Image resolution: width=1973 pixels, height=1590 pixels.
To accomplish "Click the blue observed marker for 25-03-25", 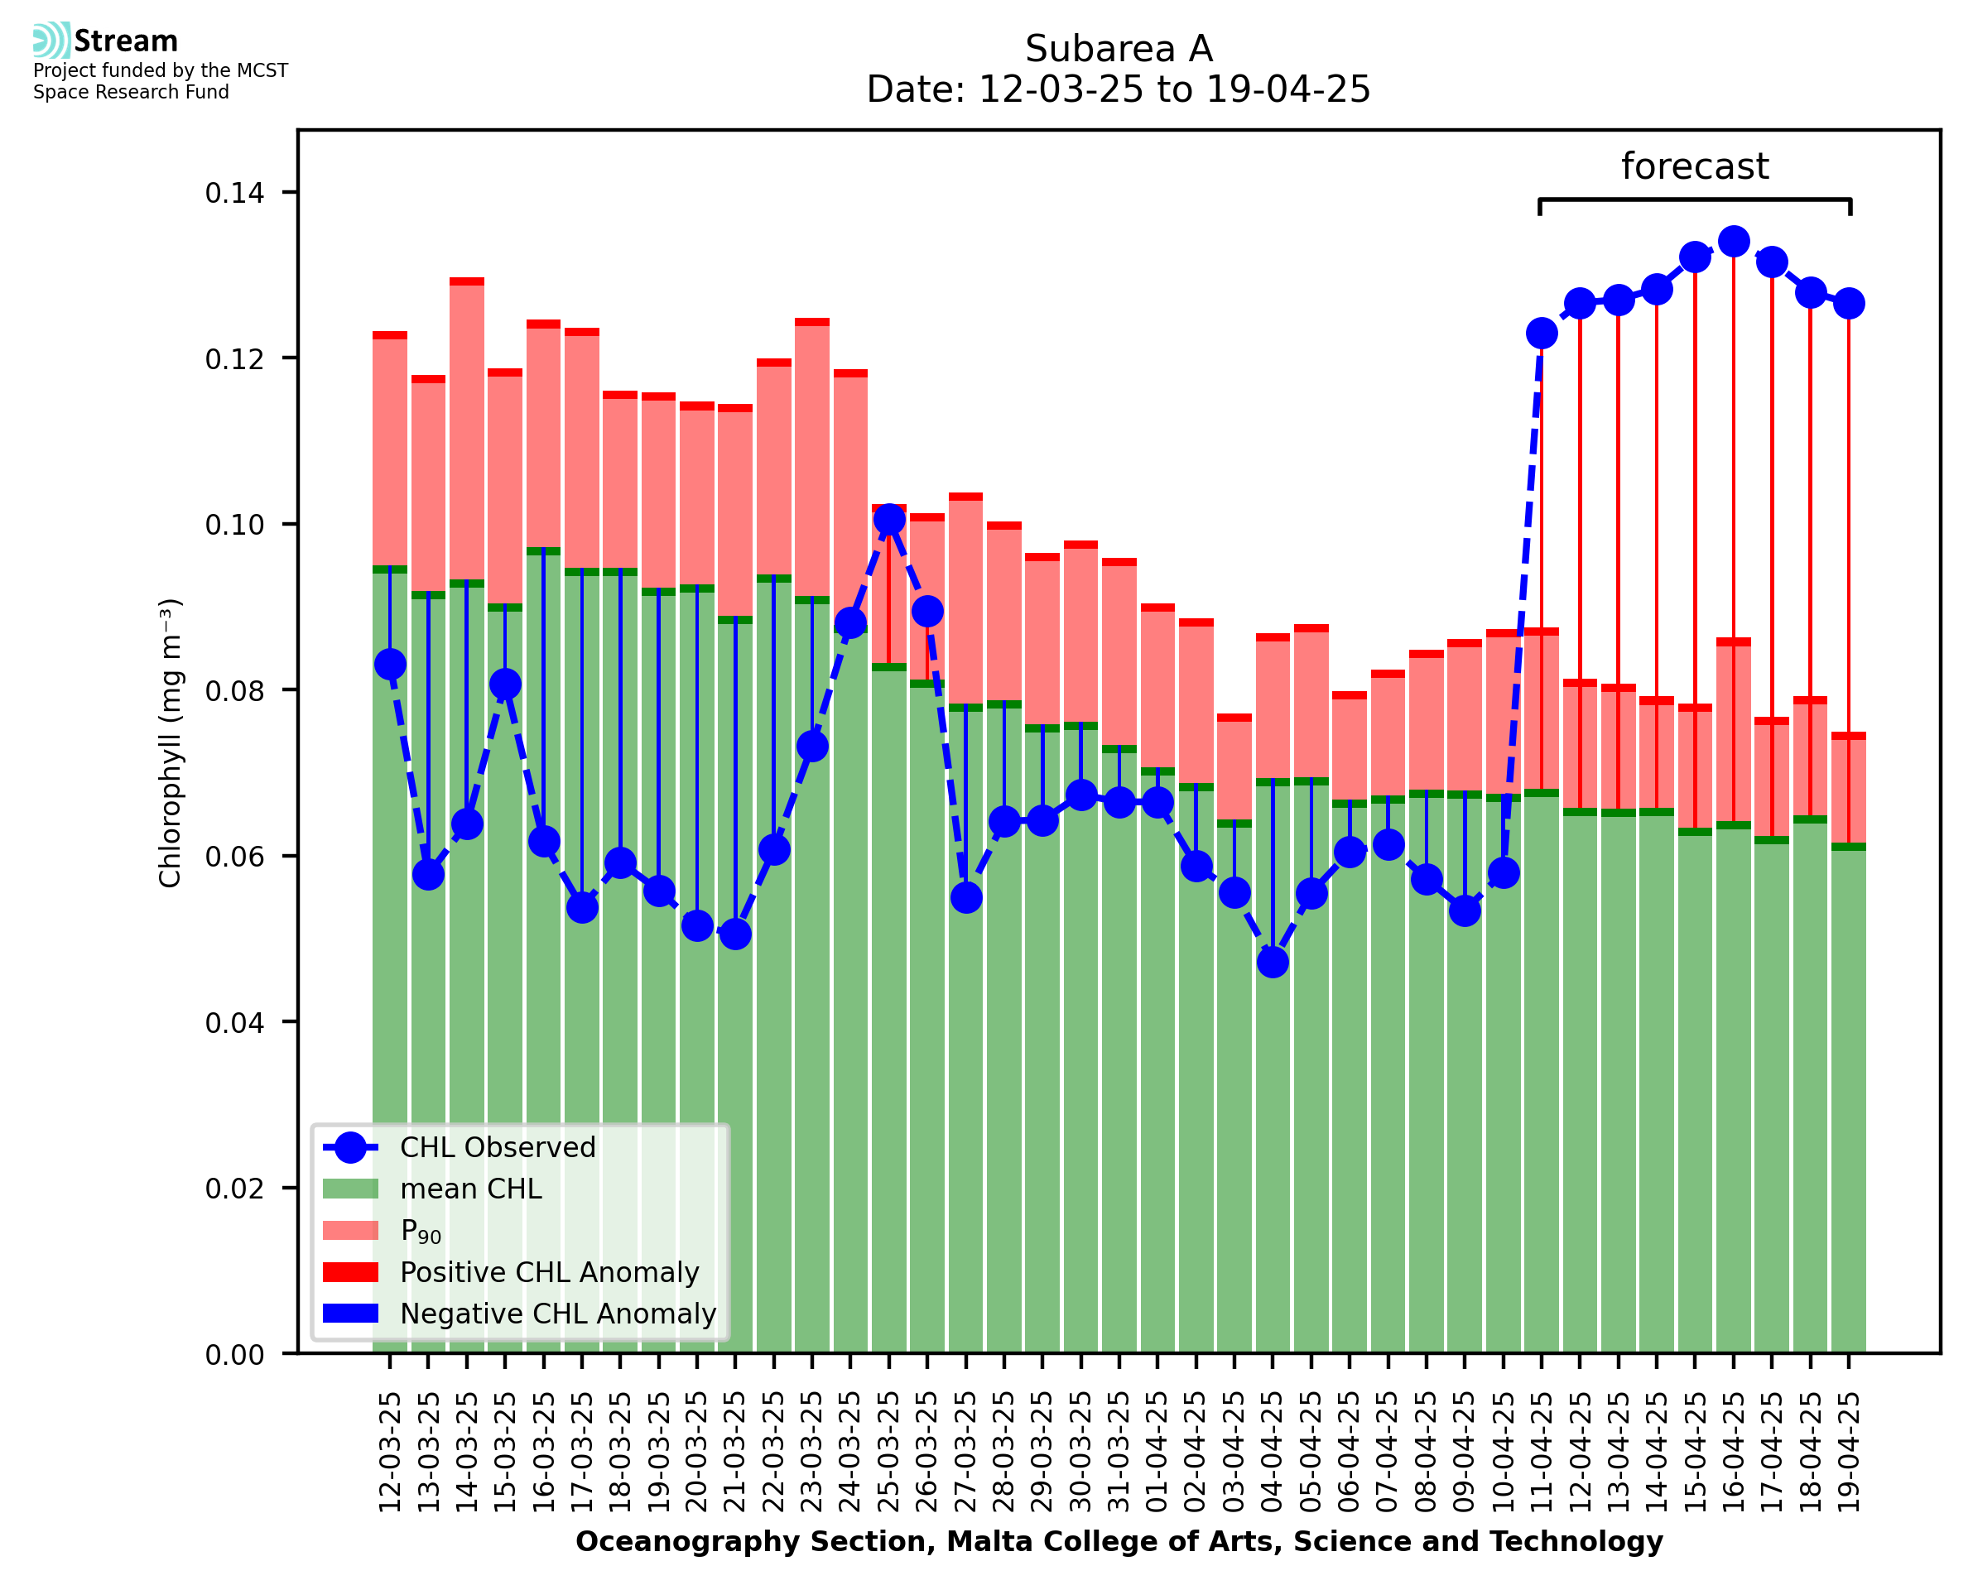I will (x=888, y=519).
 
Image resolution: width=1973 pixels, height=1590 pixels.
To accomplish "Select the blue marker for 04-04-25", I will (x=1273, y=962).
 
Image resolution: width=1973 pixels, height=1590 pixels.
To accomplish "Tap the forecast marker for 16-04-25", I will (x=1733, y=242).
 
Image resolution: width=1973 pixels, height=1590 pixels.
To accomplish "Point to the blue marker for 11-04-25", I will (x=1542, y=334).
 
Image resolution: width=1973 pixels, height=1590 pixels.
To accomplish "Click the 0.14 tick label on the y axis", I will (x=234, y=193).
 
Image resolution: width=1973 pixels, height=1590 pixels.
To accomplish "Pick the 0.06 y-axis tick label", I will (x=234, y=857).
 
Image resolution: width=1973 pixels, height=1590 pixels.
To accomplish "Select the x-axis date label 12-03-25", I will (x=390, y=1452).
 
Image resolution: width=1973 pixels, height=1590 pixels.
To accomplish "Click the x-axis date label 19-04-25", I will (x=1849, y=1452).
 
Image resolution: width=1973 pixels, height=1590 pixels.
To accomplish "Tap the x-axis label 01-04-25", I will (x=1157, y=1452).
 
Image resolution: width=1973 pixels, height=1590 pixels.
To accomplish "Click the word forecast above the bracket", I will (x=1695, y=166).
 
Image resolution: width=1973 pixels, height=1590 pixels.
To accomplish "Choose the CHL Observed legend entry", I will (x=498, y=1148).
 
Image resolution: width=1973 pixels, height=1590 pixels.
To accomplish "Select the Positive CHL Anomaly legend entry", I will (x=549, y=1272).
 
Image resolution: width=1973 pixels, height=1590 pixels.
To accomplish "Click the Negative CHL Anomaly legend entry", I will (x=557, y=1314).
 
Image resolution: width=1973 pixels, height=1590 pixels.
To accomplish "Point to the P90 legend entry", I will (x=421, y=1231).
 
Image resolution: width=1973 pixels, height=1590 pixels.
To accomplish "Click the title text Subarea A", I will (x=1119, y=49).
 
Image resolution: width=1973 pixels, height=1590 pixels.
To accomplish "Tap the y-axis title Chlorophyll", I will (x=171, y=742).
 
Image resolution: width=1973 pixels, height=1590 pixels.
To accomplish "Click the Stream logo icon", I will (x=51, y=41).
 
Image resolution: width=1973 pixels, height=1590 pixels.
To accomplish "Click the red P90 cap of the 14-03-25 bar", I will (x=467, y=282).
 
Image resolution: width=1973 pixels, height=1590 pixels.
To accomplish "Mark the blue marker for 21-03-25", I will (x=734, y=934).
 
